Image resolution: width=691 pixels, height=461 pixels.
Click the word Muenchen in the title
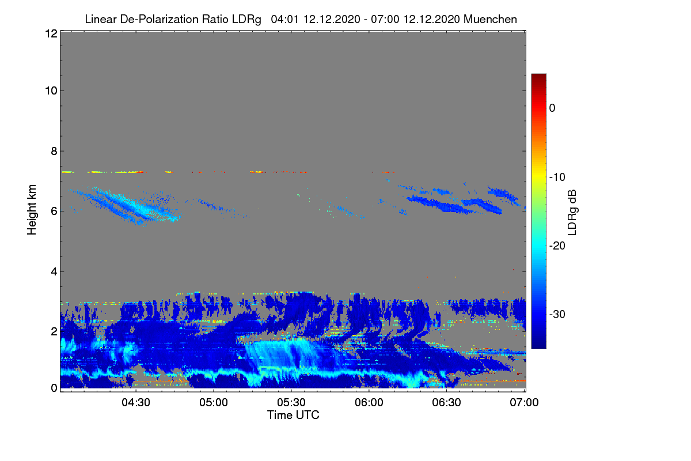490,19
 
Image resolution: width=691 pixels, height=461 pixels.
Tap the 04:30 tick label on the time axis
136,403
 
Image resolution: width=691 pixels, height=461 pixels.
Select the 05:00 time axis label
214,403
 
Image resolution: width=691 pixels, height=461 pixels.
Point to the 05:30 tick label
291,403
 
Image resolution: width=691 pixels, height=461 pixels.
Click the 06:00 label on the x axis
369,403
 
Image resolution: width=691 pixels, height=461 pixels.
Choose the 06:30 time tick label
447,403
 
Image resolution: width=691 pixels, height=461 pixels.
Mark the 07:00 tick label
525,403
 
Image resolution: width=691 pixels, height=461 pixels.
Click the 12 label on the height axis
50,34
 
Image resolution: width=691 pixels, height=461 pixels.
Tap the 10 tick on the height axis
50,90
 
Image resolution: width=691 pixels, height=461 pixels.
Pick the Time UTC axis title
293,415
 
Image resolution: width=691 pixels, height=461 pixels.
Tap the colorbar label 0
552,108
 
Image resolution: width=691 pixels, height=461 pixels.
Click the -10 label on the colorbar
557,177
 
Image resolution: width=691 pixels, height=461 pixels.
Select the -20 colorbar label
557,245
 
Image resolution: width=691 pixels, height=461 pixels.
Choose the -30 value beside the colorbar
557,315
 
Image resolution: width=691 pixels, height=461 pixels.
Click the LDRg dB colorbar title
573,212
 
